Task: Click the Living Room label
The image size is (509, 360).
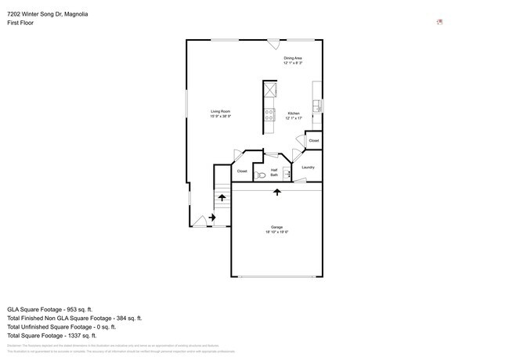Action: [x=220, y=113]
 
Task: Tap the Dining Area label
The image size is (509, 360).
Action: [x=293, y=60]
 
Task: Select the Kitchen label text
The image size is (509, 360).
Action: [x=294, y=116]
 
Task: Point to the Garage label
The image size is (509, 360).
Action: [x=276, y=230]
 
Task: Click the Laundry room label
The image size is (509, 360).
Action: [x=308, y=167]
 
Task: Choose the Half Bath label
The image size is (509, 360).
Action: [x=274, y=172]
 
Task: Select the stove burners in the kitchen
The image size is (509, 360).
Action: [x=269, y=116]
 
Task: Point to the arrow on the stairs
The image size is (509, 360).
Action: [x=222, y=198]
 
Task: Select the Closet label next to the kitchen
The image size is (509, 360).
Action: [x=313, y=141]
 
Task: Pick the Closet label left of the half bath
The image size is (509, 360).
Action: [x=242, y=171]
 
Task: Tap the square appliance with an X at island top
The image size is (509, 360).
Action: [x=269, y=88]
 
